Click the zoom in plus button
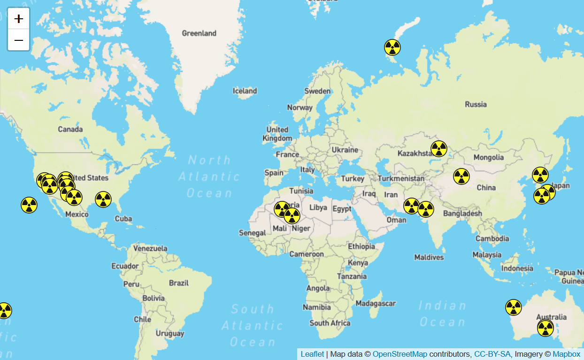click(19, 19)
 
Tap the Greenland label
click(199, 33)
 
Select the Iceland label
click(245, 91)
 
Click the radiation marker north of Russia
click(392, 47)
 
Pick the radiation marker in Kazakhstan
click(439, 149)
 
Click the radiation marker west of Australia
click(514, 307)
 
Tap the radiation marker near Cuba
click(103, 199)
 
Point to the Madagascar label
click(376, 304)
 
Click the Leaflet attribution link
click(312, 354)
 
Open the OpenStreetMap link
click(400, 354)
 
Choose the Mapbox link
click(566, 354)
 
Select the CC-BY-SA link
click(492, 354)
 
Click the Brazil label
click(179, 283)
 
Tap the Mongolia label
click(488, 157)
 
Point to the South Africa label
click(330, 323)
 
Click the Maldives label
click(429, 257)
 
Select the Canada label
click(70, 129)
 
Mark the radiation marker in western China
click(461, 176)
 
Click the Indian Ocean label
click(442, 314)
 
